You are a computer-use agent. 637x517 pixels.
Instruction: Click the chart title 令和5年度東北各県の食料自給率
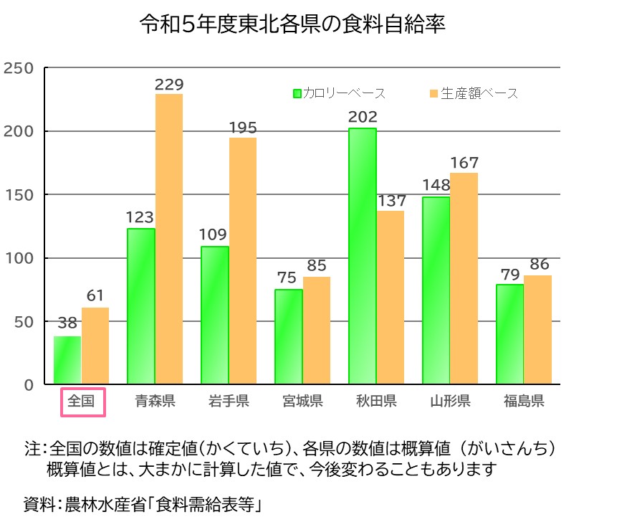[x=292, y=26]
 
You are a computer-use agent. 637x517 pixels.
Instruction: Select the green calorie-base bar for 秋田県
[x=362, y=256]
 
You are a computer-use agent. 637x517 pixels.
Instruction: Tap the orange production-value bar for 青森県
[x=169, y=239]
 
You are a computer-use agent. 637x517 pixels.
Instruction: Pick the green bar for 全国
[x=67, y=360]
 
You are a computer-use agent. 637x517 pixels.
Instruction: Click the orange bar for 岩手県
[x=243, y=261]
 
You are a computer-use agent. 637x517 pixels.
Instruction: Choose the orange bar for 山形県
[x=464, y=278]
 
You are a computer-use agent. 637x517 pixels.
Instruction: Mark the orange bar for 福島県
[x=537, y=330]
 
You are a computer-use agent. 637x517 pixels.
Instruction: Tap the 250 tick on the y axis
[x=19, y=68]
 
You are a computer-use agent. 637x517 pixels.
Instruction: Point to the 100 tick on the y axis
[x=19, y=258]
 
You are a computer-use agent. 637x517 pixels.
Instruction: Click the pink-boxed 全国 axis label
[x=82, y=402]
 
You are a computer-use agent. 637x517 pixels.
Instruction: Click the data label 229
[x=170, y=85]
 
